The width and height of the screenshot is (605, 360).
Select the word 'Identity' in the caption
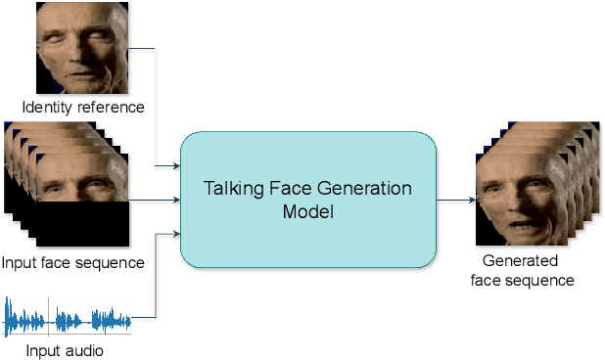tap(50, 106)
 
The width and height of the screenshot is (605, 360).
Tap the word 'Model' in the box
tap(307, 210)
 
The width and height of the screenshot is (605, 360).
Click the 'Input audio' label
tap(65, 349)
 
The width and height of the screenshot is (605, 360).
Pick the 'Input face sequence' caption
tap(73, 262)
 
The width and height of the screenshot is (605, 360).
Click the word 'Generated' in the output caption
tap(520, 261)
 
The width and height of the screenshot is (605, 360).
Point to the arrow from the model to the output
tap(454, 201)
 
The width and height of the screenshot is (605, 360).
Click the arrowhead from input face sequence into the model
tap(175, 201)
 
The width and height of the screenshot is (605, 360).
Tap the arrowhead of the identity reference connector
tap(175, 166)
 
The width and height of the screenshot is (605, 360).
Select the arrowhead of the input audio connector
tap(175, 234)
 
